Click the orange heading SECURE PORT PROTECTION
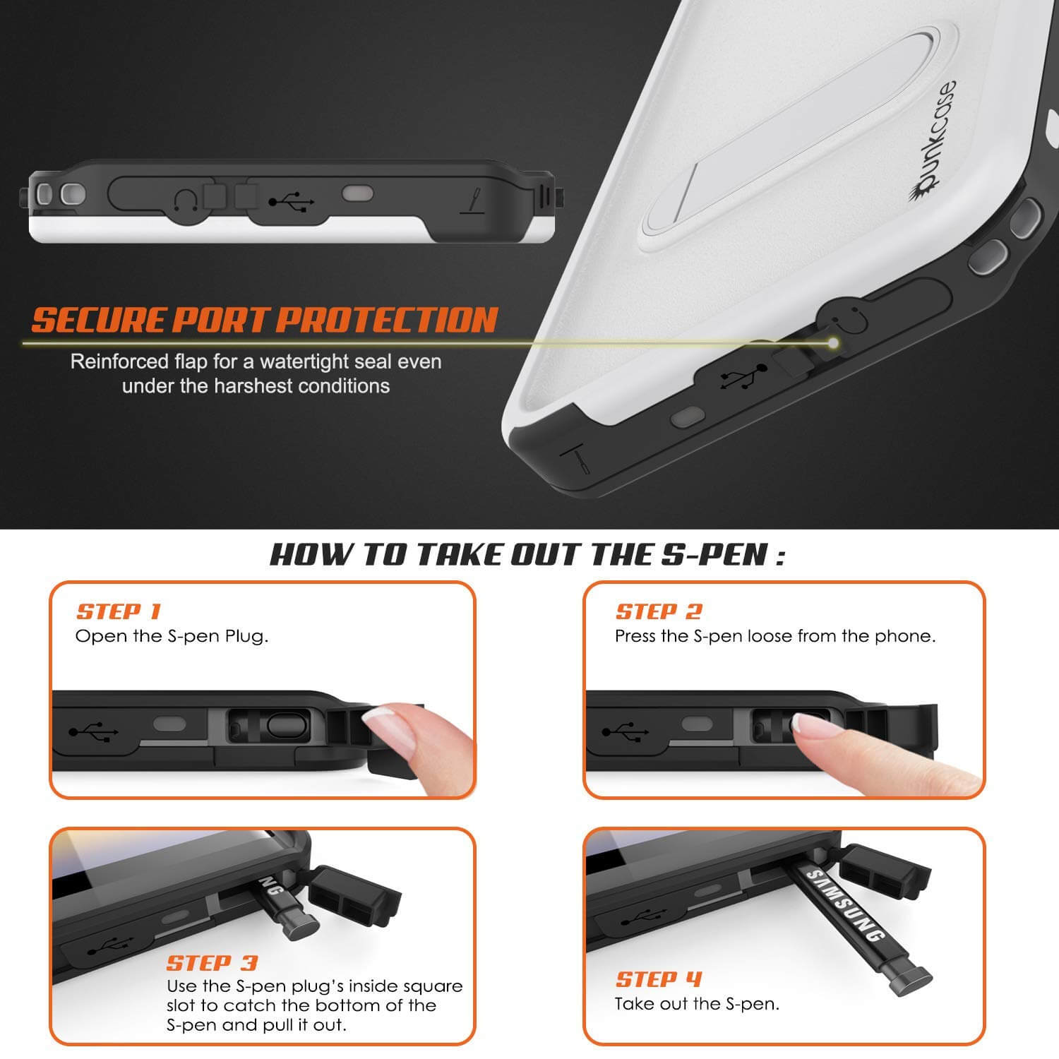click(265, 320)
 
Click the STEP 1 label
click(119, 611)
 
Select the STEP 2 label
click(659, 611)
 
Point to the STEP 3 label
click(212, 963)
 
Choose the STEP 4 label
click(659, 979)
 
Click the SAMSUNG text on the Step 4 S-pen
click(844, 907)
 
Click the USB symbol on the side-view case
click(292, 203)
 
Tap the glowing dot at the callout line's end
click(834, 343)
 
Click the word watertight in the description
click(305, 361)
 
